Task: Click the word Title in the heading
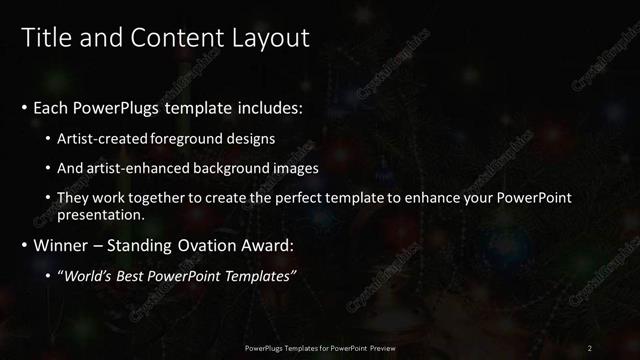pos(45,38)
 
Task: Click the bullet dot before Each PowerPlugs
pos(23,107)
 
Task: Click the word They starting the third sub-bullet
pos(73,198)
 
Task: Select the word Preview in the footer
pos(380,348)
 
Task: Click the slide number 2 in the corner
pos(590,348)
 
